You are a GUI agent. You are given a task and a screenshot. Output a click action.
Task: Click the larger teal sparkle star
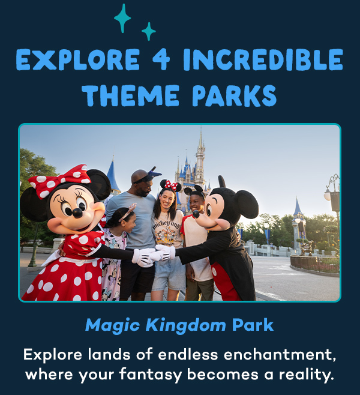122,17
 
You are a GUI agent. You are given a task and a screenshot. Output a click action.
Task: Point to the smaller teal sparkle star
148,31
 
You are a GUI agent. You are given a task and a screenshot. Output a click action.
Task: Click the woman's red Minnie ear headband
170,184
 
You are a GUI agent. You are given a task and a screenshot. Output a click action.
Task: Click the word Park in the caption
253,325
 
